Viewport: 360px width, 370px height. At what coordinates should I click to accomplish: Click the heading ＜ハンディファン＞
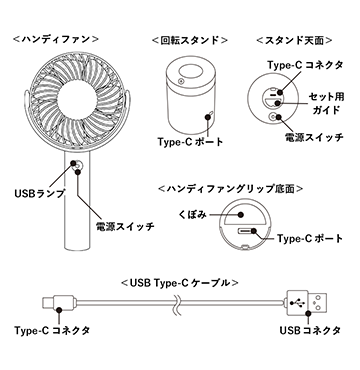click(56, 39)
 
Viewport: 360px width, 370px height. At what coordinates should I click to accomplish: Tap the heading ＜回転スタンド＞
click(190, 40)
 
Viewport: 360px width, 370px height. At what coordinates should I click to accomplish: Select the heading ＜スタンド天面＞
click(294, 40)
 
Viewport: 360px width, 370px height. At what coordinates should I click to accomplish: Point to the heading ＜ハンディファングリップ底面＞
click(231, 189)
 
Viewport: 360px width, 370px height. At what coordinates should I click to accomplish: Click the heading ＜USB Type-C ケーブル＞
click(180, 283)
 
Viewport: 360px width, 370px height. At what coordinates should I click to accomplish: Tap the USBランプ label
click(39, 193)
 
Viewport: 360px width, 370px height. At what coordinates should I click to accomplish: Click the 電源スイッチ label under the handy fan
click(125, 227)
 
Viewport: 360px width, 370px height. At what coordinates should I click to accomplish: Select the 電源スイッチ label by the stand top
click(314, 137)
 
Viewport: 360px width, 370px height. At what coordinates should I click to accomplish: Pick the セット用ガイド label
click(326, 103)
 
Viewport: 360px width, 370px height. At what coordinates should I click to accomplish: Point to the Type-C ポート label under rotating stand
click(190, 142)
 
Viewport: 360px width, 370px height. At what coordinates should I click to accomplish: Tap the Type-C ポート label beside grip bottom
click(310, 239)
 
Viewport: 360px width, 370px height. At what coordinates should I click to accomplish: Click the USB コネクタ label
click(310, 330)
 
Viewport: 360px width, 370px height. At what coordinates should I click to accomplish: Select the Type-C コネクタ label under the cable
click(52, 330)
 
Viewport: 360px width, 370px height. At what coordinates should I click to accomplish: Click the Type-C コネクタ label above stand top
click(305, 65)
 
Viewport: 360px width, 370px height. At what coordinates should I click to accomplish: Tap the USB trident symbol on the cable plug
click(297, 303)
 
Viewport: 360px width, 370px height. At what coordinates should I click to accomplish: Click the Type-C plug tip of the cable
click(48, 302)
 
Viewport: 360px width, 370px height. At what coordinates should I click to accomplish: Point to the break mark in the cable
click(176, 302)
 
